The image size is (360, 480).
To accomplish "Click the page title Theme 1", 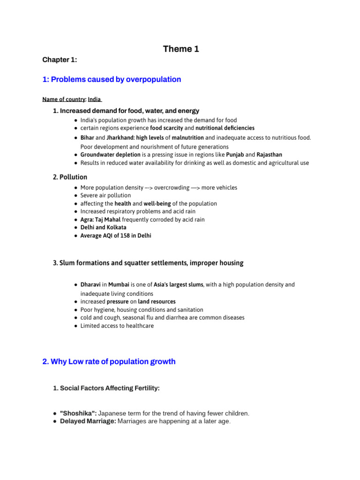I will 180,49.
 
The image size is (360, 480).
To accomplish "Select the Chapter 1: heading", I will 60,60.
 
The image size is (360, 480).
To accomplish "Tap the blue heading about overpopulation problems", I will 112,80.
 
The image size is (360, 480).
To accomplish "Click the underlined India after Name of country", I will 94,99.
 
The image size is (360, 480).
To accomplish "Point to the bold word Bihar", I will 87,138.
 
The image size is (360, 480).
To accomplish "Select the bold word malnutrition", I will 187,138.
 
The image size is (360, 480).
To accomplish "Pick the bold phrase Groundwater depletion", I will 110,155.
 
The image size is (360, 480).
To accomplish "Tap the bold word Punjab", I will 235,155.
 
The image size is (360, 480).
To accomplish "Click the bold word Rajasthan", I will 269,155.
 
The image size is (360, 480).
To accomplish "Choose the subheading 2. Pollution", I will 70,177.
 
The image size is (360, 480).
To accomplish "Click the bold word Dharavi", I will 90,285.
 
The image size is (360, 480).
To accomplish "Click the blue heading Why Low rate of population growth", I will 109,362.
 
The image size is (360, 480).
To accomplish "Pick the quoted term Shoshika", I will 78,413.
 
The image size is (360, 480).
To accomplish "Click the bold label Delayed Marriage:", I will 88,421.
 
